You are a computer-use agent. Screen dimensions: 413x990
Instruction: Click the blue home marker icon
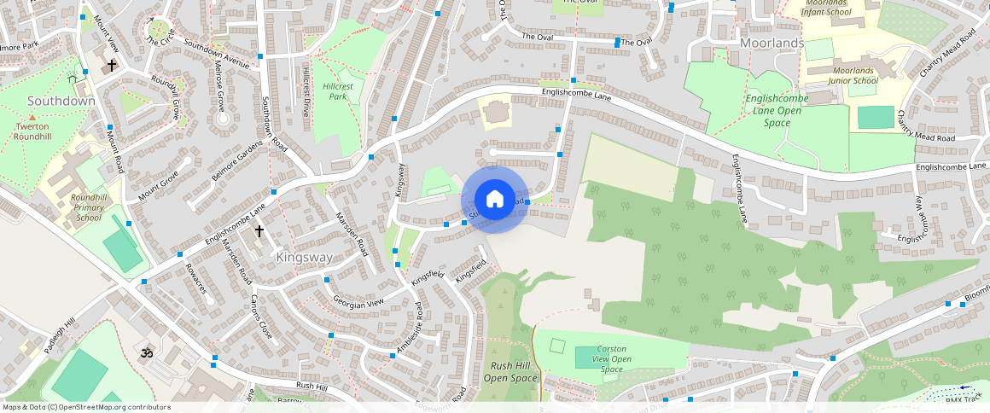click(x=494, y=200)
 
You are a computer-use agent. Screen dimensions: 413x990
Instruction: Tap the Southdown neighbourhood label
click(x=61, y=101)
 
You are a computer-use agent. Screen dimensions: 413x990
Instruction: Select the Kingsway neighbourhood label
click(x=303, y=255)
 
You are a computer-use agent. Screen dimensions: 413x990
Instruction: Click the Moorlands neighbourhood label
click(x=772, y=43)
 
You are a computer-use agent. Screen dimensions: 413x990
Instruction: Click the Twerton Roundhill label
click(x=32, y=131)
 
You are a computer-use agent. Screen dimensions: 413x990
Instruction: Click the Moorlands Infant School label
click(x=839, y=8)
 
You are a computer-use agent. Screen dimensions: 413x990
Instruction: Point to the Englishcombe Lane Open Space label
click(x=777, y=110)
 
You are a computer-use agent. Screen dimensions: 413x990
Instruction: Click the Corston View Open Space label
click(x=612, y=358)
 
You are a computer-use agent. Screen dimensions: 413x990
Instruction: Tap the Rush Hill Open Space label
click(x=510, y=371)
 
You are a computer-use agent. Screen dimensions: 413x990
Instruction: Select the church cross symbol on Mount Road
click(x=111, y=65)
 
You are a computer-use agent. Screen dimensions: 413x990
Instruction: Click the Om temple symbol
click(x=145, y=352)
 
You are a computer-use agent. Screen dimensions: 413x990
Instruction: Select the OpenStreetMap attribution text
click(x=85, y=407)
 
